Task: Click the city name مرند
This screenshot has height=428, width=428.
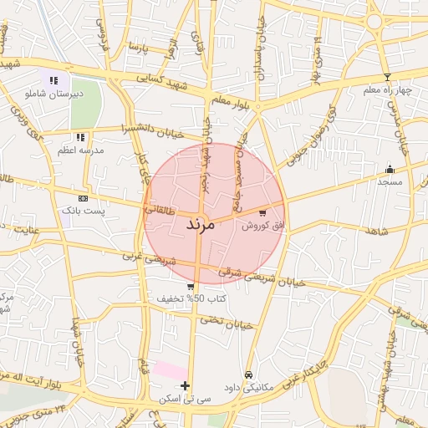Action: [x=196, y=224]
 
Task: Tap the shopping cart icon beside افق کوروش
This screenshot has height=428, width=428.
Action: [x=264, y=213]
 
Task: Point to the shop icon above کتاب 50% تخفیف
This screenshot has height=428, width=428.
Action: [x=191, y=287]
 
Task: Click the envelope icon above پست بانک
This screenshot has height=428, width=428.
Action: [x=83, y=198]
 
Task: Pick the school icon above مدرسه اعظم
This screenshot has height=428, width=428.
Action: [x=80, y=137]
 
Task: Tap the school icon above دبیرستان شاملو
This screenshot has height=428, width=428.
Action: [x=54, y=81]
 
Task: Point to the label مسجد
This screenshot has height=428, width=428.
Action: [x=390, y=181]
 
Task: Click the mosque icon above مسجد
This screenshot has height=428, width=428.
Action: [x=390, y=169]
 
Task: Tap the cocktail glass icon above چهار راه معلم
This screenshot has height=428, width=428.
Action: [x=386, y=77]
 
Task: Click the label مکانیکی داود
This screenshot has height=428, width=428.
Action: [x=248, y=387]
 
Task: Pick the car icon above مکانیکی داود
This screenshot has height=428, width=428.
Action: [x=248, y=374]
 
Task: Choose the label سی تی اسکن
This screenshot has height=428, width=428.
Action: [x=186, y=399]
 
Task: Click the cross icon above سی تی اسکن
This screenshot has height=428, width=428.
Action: [x=185, y=386]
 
